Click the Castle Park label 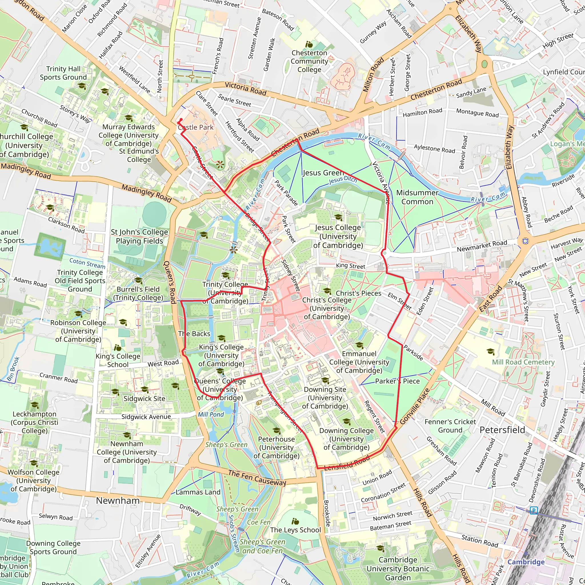tap(196, 127)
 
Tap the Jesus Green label tap(323, 173)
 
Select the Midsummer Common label tap(417, 197)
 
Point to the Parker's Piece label tap(397, 381)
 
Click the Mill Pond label tap(211, 414)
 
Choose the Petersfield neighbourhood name tap(502, 430)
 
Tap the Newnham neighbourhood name tap(118, 500)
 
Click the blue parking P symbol tap(534, 510)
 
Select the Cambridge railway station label tap(526, 562)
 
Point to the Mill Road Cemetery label tap(523, 362)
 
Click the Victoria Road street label tap(246, 89)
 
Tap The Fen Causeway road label tap(257, 478)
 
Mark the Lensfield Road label tap(347, 463)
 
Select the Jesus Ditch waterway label tap(343, 180)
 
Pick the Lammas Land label tap(198, 492)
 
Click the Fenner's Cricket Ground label tap(450, 426)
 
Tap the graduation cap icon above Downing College tap(347, 421)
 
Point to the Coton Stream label tap(87, 263)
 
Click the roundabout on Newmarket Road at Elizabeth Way tap(525, 241)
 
